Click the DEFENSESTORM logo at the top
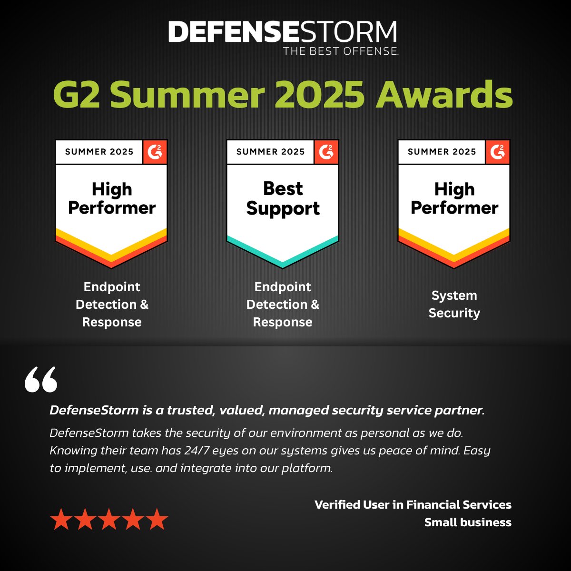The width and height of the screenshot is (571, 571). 283,32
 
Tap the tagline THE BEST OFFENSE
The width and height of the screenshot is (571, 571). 341,51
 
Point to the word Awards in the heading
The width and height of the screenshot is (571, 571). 444,95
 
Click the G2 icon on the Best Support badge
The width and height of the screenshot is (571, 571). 326,152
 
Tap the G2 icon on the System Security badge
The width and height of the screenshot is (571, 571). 498,152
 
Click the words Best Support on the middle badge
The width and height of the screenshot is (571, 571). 283,198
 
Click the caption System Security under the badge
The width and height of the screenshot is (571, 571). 454,304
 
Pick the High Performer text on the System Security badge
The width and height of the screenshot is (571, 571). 454,198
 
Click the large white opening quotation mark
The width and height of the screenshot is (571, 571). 41,379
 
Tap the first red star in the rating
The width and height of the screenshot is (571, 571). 61,519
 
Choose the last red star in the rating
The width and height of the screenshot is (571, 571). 157,519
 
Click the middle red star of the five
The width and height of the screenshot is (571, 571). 109,519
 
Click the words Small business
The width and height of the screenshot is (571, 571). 467,522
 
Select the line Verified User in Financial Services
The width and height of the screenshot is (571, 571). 413,504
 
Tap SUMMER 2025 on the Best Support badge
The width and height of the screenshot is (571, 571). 270,152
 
